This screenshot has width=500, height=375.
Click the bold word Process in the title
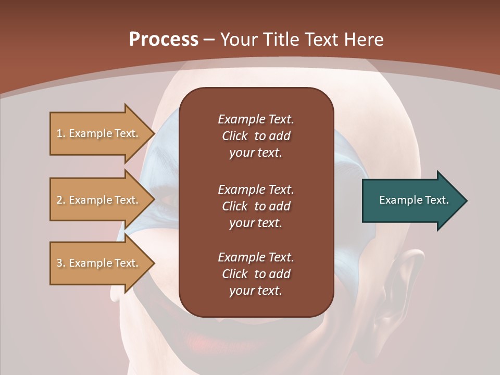point(164,40)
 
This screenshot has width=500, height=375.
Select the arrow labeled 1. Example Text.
point(99,133)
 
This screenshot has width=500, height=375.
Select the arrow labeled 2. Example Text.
point(99,200)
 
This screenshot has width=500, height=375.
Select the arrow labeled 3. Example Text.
point(99,263)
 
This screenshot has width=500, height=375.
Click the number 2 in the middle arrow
point(59,200)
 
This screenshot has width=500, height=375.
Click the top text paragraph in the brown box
point(256,136)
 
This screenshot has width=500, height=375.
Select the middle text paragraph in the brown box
point(256,206)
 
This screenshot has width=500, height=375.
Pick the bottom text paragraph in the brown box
point(256,273)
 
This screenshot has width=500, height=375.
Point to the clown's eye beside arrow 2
point(166,200)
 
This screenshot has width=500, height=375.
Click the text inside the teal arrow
point(414,200)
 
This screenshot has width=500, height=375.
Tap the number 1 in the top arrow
point(59,133)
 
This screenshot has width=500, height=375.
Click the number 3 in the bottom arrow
point(59,263)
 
